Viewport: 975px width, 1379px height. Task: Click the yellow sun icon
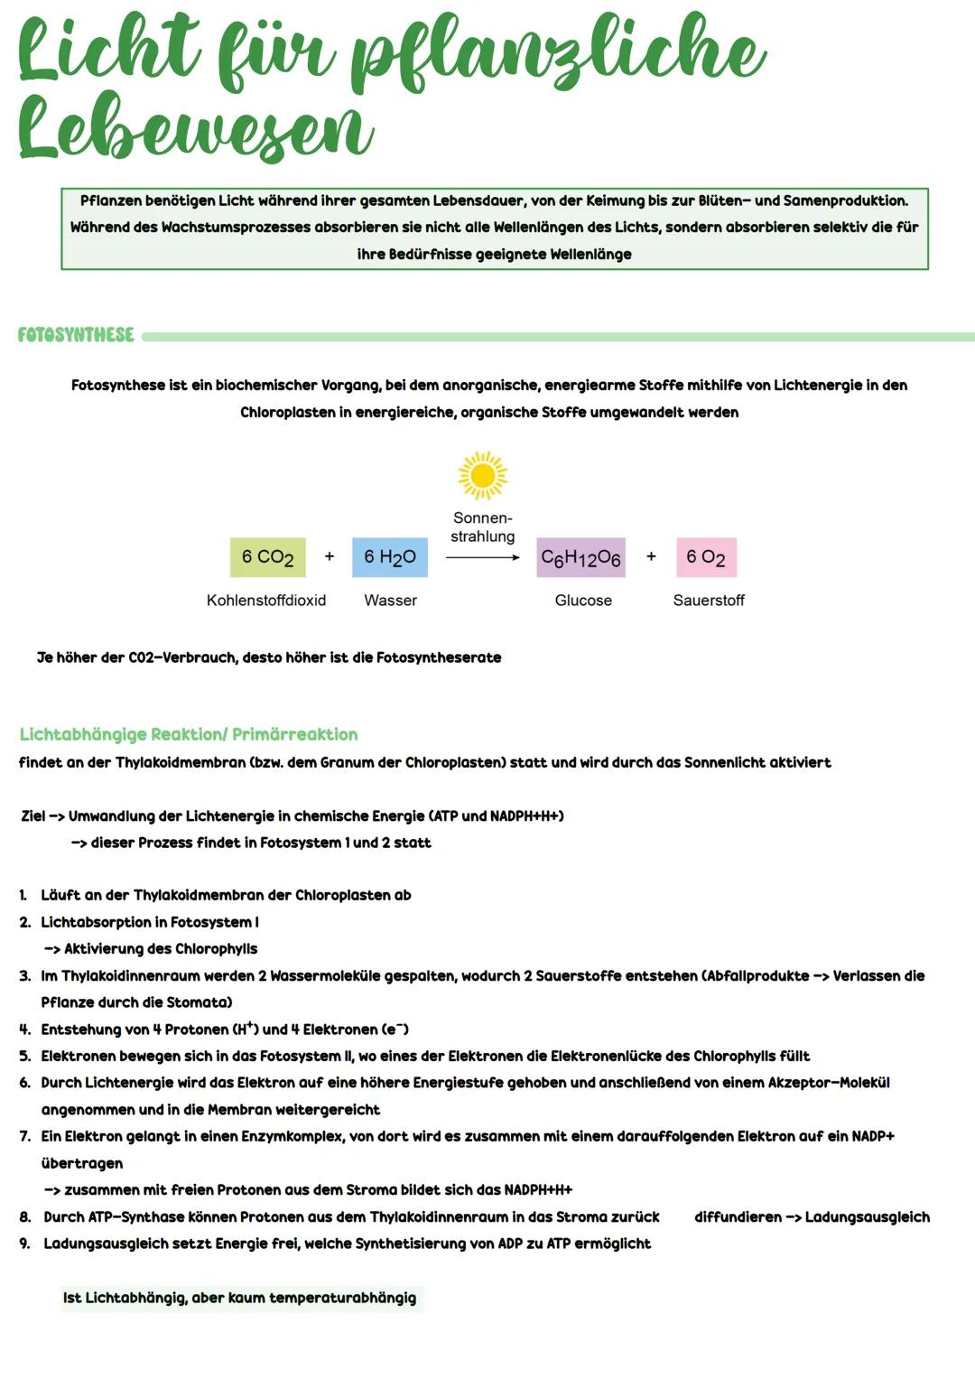[x=483, y=475]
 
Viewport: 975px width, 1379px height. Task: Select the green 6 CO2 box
[x=267, y=557]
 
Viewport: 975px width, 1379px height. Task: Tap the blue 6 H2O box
[x=390, y=557]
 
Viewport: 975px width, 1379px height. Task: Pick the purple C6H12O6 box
[x=580, y=558]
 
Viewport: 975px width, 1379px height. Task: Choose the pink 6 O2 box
[x=706, y=557]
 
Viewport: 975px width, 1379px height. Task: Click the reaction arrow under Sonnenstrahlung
[x=482, y=557]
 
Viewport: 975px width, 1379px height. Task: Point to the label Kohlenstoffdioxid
[x=266, y=601]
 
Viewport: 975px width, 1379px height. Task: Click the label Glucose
[x=583, y=601]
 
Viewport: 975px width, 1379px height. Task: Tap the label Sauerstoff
[x=709, y=601]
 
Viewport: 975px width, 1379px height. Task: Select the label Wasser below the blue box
[x=390, y=601]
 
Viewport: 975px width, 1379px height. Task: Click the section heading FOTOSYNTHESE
[x=76, y=335]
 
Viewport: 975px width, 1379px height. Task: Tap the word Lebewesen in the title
[x=194, y=128]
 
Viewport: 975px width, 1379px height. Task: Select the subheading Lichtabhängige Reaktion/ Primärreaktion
[x=188, y=734]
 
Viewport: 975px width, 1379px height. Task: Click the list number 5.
[x=25, y=1057]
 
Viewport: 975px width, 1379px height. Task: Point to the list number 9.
[x=25, y=1244]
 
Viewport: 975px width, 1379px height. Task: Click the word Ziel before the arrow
[x=32, y=816]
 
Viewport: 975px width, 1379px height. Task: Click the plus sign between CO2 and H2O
[x=330, y=556]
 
